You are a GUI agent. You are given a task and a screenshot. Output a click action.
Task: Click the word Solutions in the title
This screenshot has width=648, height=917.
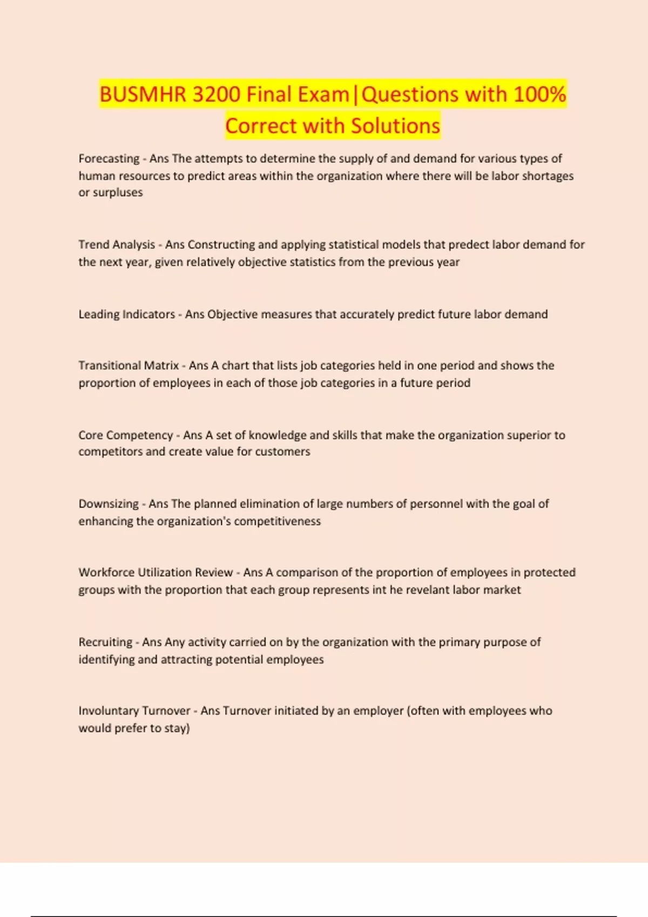coord(395,126)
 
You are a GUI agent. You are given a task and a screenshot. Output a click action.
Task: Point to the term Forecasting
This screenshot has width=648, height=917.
coord(109,159)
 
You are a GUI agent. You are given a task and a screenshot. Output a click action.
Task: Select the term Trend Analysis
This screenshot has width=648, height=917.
coord(117,244)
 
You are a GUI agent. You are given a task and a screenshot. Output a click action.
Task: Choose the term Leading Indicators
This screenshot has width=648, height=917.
coord(127,314)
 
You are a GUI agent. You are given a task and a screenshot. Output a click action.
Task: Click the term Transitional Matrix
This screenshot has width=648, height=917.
coord(129,366)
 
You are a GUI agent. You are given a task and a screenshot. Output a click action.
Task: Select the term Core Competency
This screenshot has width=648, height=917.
coord(125,435)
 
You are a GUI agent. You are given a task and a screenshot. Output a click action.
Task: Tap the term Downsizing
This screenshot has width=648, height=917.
coord(109,504)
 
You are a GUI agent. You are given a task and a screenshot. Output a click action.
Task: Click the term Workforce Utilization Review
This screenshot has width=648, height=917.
coord(156,572)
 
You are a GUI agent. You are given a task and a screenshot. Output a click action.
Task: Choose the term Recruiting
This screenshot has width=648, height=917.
coord(105,642)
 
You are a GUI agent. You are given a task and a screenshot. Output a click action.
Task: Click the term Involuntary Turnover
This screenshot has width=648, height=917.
coord(134,711)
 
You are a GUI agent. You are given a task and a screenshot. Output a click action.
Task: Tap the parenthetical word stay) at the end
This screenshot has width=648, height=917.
coord(177,728)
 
